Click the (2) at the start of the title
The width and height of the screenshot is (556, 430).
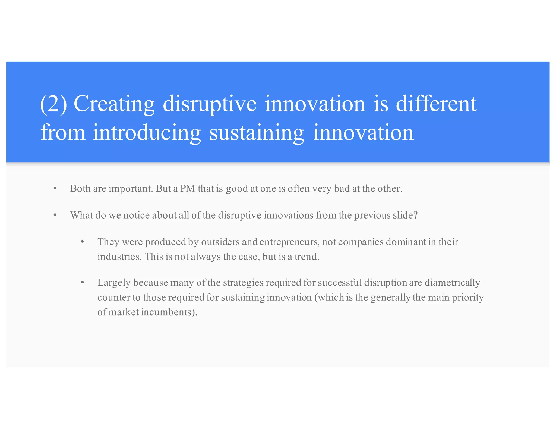(x=53, y=104)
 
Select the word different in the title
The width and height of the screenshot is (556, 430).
(x=436, y=104)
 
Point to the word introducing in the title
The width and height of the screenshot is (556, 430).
(x=147, y=133)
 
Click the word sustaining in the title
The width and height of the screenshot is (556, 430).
(x=257, y=133)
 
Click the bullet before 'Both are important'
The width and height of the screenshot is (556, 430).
(x=55, y=188)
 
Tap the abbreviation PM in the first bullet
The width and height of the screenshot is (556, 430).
(x=188, y=188)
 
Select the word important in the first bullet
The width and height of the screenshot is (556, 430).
(x=131, y=189)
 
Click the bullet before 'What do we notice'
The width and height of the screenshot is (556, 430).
(x=55, y=215)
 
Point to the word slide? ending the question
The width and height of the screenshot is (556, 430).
(x=405, y=215)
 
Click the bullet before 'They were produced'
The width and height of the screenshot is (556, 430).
(x=83, y=242)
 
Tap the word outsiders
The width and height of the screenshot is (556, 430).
(x=220, y=242)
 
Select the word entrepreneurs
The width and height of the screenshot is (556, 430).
(x=289, y=242)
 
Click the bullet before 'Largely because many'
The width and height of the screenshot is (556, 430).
(x=83, y=283)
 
